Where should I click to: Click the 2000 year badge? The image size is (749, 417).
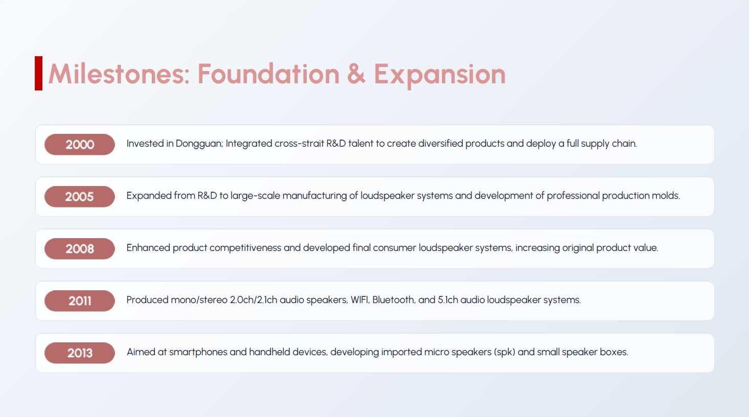point(80,144)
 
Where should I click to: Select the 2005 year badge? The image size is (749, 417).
point(80,196)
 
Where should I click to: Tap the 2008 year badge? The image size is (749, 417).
point(80,248)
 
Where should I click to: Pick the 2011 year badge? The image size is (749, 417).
point(80,300)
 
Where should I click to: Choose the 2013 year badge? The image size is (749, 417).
point(80,353)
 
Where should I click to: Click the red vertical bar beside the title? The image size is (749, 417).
point(38,73)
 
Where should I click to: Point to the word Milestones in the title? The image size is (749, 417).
point(119,74)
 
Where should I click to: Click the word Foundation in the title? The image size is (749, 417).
point(268,74)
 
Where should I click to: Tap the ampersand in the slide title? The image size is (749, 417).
point(356,74)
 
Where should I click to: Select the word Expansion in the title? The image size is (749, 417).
point(440,75)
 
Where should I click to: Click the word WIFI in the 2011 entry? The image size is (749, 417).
point(360,300)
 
